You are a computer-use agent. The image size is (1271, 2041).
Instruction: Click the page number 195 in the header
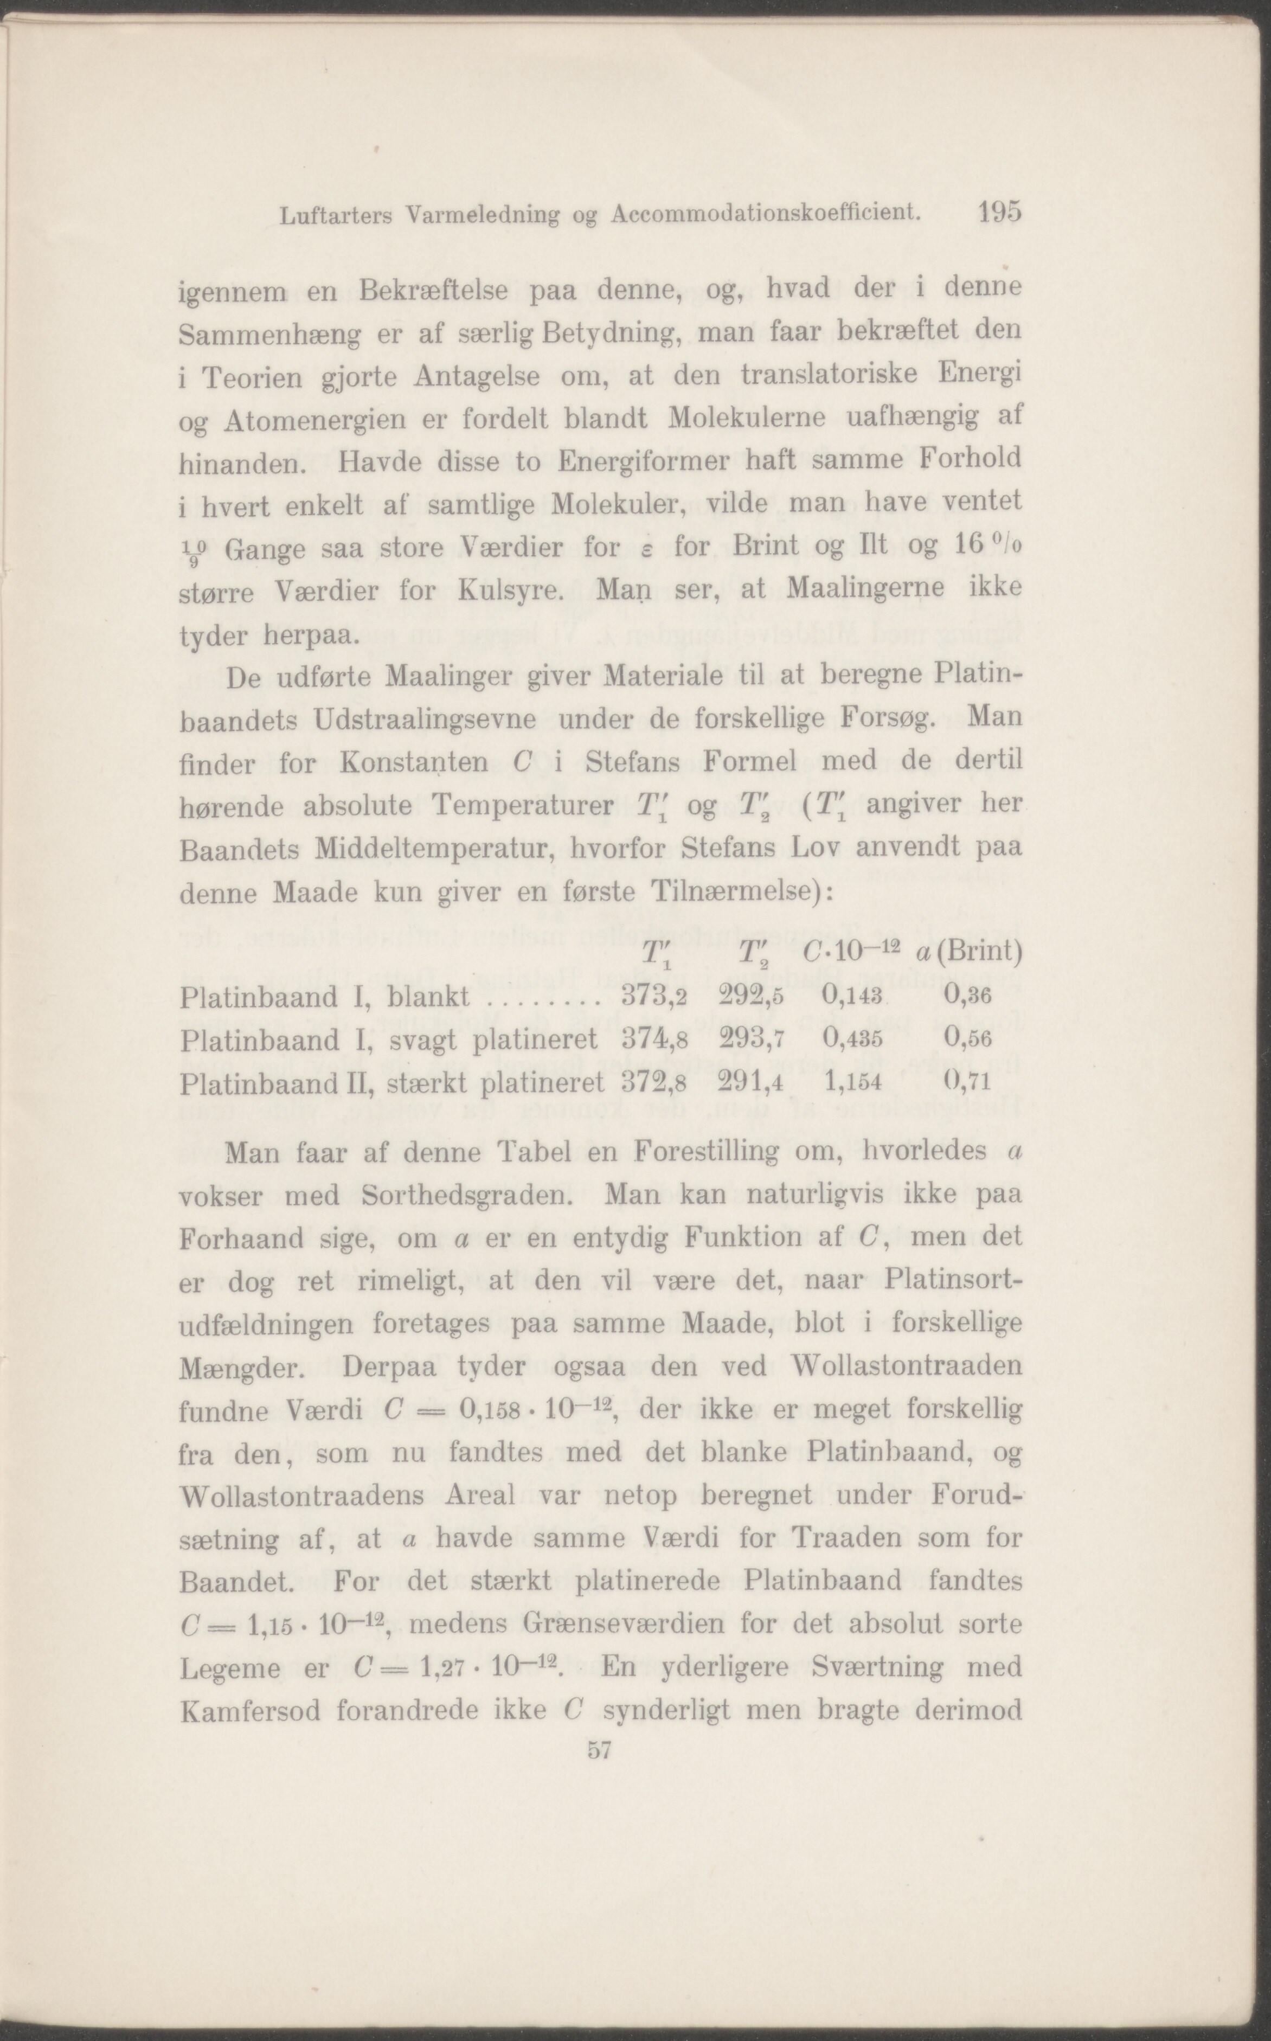tap(999, 212)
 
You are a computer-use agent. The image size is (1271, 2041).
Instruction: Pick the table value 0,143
tap(851, 997)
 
